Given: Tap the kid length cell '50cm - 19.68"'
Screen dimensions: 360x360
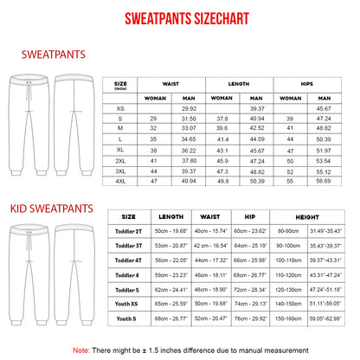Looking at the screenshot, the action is coord(173,231).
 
